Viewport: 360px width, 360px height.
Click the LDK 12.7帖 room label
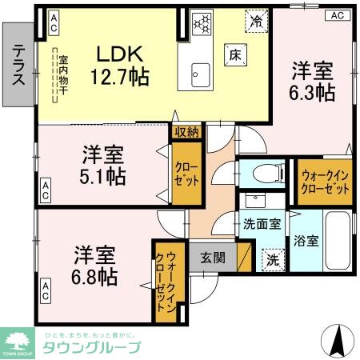(x=120, y=66)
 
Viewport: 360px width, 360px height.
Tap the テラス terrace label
(x=17, y=65)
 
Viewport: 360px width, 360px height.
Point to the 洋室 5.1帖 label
(x=102, y=164)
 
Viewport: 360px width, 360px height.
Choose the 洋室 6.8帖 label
(x=95, y=266)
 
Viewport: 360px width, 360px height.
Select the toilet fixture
(x=265, y=172)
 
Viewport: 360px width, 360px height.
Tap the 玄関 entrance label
(x=212, y=258)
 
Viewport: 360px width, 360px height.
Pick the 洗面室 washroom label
(x=262, y=224)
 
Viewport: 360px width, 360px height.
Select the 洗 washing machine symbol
(x=272, y=258)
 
